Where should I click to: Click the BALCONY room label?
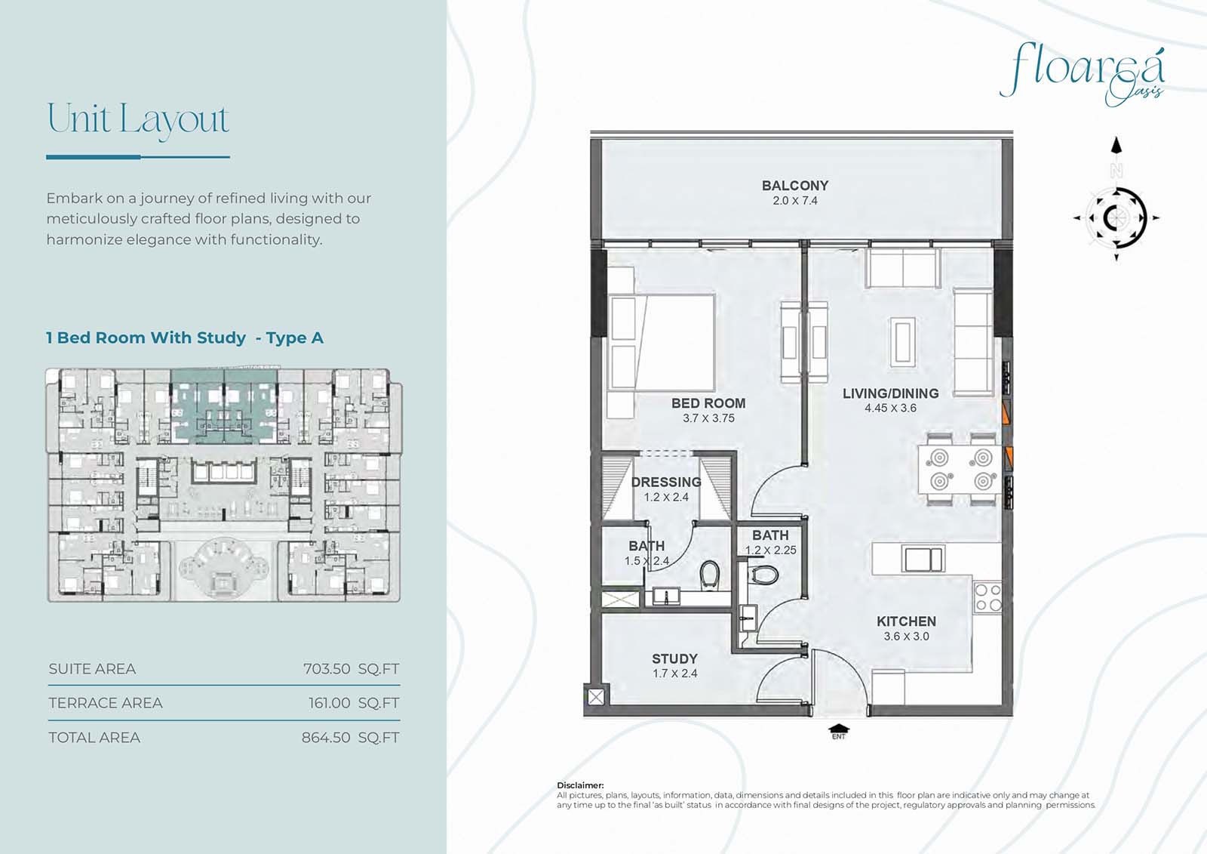point(795,186)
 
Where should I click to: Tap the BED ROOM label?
point(708,403)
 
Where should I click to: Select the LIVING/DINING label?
point(891,393)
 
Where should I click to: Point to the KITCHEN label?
point(906,621)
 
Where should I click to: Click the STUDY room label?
point(674,658)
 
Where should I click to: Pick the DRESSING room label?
point(667,482)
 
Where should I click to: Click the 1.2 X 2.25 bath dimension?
point(770,550)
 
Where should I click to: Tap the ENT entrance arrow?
point(839,729)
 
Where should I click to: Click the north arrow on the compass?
point(1116,146)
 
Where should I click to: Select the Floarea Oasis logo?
point(1082,75)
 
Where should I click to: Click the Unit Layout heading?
point(139,119)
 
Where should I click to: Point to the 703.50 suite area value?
point(327,669)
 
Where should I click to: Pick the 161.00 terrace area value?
point(329,703)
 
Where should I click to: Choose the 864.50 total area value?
point(325,738)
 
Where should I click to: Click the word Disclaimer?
point(580,785)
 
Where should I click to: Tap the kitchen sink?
point(923,559)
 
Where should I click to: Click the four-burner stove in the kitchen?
point(987,597)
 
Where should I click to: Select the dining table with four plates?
point(960,469)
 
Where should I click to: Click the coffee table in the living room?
point(902,342)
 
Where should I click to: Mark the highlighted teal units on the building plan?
point(224,405)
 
